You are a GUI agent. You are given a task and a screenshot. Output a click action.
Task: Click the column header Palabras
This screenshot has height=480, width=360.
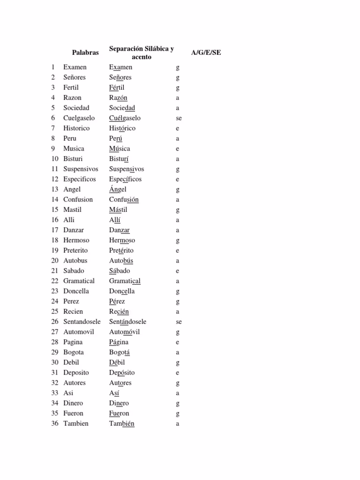(85, 53)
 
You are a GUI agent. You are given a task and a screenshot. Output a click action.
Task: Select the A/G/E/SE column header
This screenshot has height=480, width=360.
(206, 53)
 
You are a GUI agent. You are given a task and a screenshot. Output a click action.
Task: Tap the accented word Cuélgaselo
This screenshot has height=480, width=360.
(125, 118)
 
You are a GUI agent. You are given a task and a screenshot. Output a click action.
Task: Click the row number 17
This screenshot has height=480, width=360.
(55, 230)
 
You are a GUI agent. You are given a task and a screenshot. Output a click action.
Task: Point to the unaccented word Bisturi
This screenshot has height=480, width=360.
(73, 159)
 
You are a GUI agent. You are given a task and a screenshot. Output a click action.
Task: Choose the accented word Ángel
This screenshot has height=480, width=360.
(118, 189)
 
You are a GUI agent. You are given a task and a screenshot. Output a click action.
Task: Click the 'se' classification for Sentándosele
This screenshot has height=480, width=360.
(179, 322)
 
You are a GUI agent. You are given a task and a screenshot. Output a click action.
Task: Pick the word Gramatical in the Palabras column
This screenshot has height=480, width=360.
(79, 281)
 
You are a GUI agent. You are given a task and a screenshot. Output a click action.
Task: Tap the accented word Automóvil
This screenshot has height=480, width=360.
(125, 332)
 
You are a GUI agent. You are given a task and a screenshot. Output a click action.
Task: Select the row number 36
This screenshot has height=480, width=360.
(55, 424)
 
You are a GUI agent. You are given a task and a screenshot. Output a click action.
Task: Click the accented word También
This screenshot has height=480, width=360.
(122, 424)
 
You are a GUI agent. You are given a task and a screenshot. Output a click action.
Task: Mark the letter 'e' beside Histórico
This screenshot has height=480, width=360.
(178, 128)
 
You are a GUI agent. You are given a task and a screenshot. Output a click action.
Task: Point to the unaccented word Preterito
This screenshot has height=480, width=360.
(75, 250)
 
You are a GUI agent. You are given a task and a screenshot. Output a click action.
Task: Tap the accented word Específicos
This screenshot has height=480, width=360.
(125, 179)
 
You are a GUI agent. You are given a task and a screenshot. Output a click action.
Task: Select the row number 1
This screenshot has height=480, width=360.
(53, 67)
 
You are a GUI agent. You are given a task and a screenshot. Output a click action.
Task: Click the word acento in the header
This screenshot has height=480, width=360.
(141, 57)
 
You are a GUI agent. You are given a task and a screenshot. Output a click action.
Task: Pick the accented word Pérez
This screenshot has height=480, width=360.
(117, 301)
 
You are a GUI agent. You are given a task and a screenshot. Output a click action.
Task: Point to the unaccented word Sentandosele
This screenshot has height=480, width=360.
(82, 322)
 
